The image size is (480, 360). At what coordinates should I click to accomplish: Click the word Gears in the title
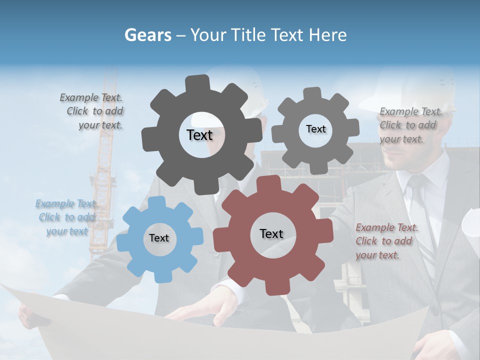click(147, 35)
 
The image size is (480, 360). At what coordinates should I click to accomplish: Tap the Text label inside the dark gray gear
click(199, 135)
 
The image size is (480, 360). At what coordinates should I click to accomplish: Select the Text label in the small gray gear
click(315, 129)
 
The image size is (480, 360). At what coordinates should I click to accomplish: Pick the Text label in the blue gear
click(159, 238)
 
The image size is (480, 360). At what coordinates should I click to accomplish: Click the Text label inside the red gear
click(271, 233)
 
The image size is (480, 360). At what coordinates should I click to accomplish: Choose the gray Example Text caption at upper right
click(410, 125)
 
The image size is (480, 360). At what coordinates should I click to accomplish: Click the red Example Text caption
click(385, 241)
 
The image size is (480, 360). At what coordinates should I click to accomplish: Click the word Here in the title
click(327, 35)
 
